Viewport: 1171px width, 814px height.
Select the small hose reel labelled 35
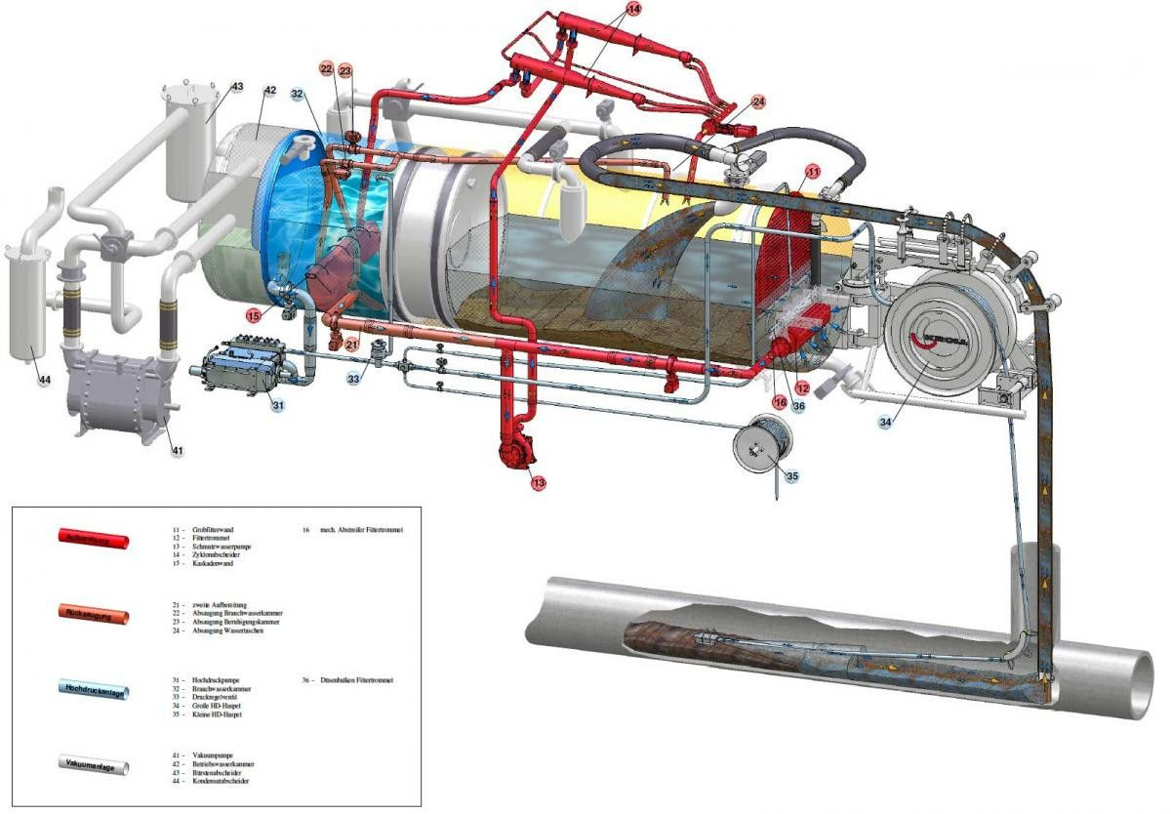click(x=763, y=444)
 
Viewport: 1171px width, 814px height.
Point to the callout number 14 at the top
click(x=634, y=9)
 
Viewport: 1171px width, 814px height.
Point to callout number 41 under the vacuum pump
click(x=178, y=450)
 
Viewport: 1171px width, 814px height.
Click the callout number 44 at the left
click(x=44, y=379)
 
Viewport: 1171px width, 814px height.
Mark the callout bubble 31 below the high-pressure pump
click(x=277, y=406)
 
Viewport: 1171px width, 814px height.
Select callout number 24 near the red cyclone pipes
click(x=758, y=102)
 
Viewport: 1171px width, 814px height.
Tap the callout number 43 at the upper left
click(x=237, y=87)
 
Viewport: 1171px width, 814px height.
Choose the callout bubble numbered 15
click(x=253, y=315)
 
